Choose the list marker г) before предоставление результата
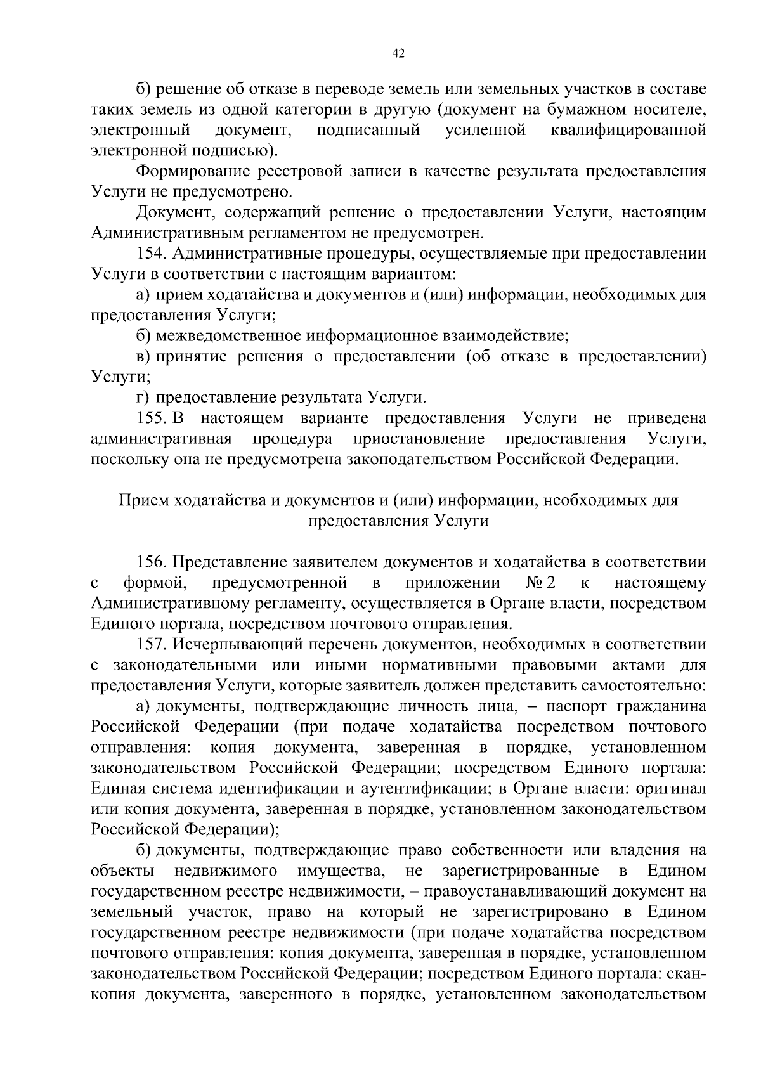pyautogui.click(x=143, y=398)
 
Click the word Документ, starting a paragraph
pyautogui.click(x=171, y=212)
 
